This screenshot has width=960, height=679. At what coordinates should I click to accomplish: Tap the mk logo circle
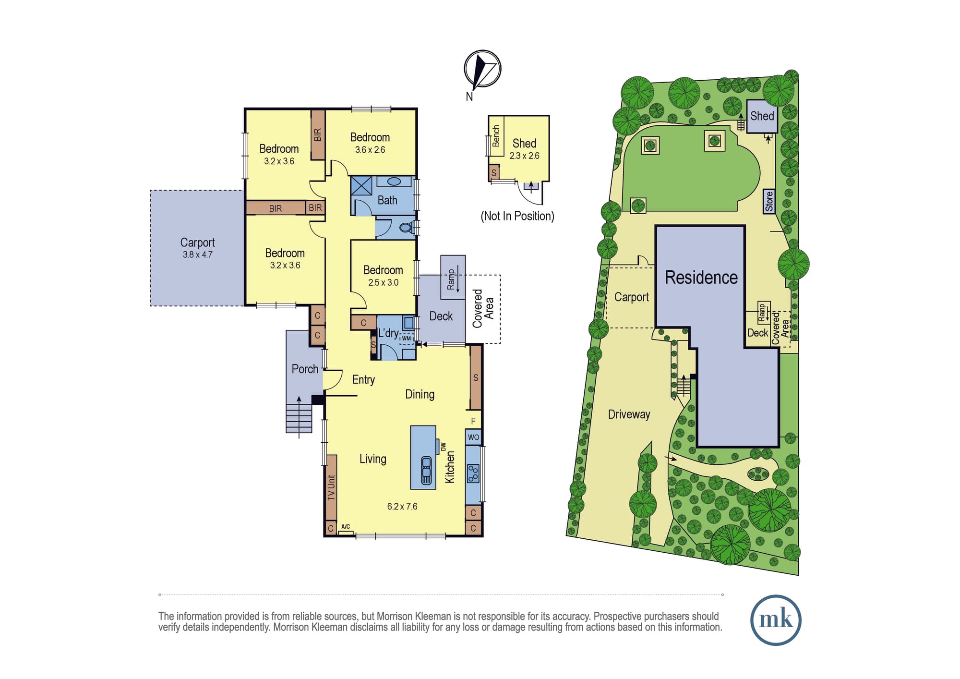pyautogui.click(x=776, y=620)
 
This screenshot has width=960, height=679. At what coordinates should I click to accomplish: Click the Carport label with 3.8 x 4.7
pyautogui.click(x=197, y=248)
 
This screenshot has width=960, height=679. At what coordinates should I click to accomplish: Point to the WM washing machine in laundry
pyautogui.click(x=407, y=338)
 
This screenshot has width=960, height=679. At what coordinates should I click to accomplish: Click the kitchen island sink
pyautogui.click(x=426, y=470)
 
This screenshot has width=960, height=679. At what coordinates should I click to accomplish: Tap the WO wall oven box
pyautogui.click(x=473, y=437)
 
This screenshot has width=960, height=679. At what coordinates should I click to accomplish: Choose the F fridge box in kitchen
pyautogui.click(x=473, y=421)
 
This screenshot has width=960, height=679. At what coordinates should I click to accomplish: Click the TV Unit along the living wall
pyautogui.click(x=331, y=487)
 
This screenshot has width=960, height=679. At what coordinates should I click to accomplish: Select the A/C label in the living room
pyautogui.click(x=346, y=527)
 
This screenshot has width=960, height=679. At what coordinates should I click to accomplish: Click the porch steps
pyautogui.click(x=299, y=419)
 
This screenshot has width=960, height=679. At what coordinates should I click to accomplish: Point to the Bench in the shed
pyautogui.click(x=496, y=136)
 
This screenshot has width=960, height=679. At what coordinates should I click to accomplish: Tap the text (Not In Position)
pyautogui.click(x=517, y=216)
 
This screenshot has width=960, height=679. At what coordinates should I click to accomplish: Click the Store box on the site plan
pyautogui.click(x=769, y=201)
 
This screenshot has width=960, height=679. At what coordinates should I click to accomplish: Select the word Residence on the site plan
pyautogui.click(x=701, y=278)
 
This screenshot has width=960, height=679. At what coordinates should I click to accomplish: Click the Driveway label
pyautogui.click(x=629, y=414)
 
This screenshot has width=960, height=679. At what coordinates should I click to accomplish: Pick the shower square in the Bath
pyautogui.click(x=361, y=185)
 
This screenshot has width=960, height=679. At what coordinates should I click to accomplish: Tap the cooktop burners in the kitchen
pyautogui.click(x=473, y=473)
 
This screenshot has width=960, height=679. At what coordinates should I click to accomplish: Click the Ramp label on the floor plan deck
pyautogui.click(x=451, y=279)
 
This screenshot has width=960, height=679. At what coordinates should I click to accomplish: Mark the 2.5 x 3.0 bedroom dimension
pyautogui.click(x=383, y=283)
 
